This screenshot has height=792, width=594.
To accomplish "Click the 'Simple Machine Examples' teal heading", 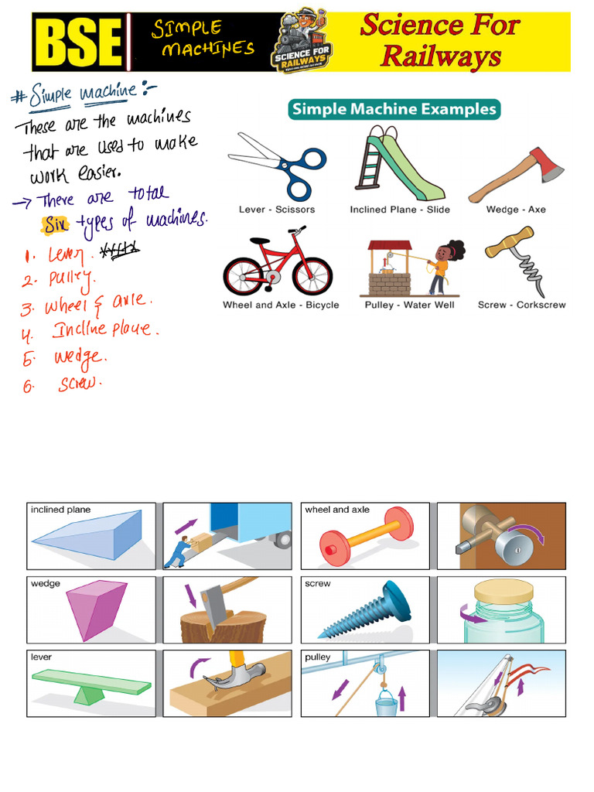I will click(394, 109).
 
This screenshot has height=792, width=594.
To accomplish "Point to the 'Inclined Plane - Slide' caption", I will click(400, 210).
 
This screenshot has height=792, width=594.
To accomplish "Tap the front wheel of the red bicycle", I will click(312, 275).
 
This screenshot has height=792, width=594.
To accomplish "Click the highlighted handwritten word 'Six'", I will click(55, 224).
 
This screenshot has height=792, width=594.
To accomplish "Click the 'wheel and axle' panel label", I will click(337, 510).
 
